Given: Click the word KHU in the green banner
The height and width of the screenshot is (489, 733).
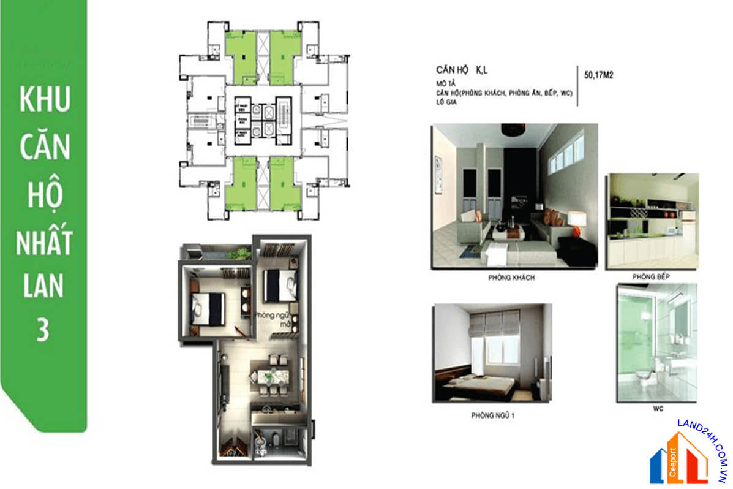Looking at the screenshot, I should coord(45,100).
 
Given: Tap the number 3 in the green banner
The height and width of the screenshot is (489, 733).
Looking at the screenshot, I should coord(43,330).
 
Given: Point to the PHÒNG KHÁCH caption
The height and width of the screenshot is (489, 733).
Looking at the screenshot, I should coord(512,278).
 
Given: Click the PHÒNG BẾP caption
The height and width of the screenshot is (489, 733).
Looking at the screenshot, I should coord(652,277).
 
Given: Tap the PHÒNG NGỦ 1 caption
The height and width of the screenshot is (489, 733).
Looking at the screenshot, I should coord(492,415).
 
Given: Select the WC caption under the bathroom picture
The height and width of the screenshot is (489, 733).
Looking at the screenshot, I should coord(658,408).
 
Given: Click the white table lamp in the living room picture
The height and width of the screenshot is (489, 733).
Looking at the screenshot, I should coord(577,219).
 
